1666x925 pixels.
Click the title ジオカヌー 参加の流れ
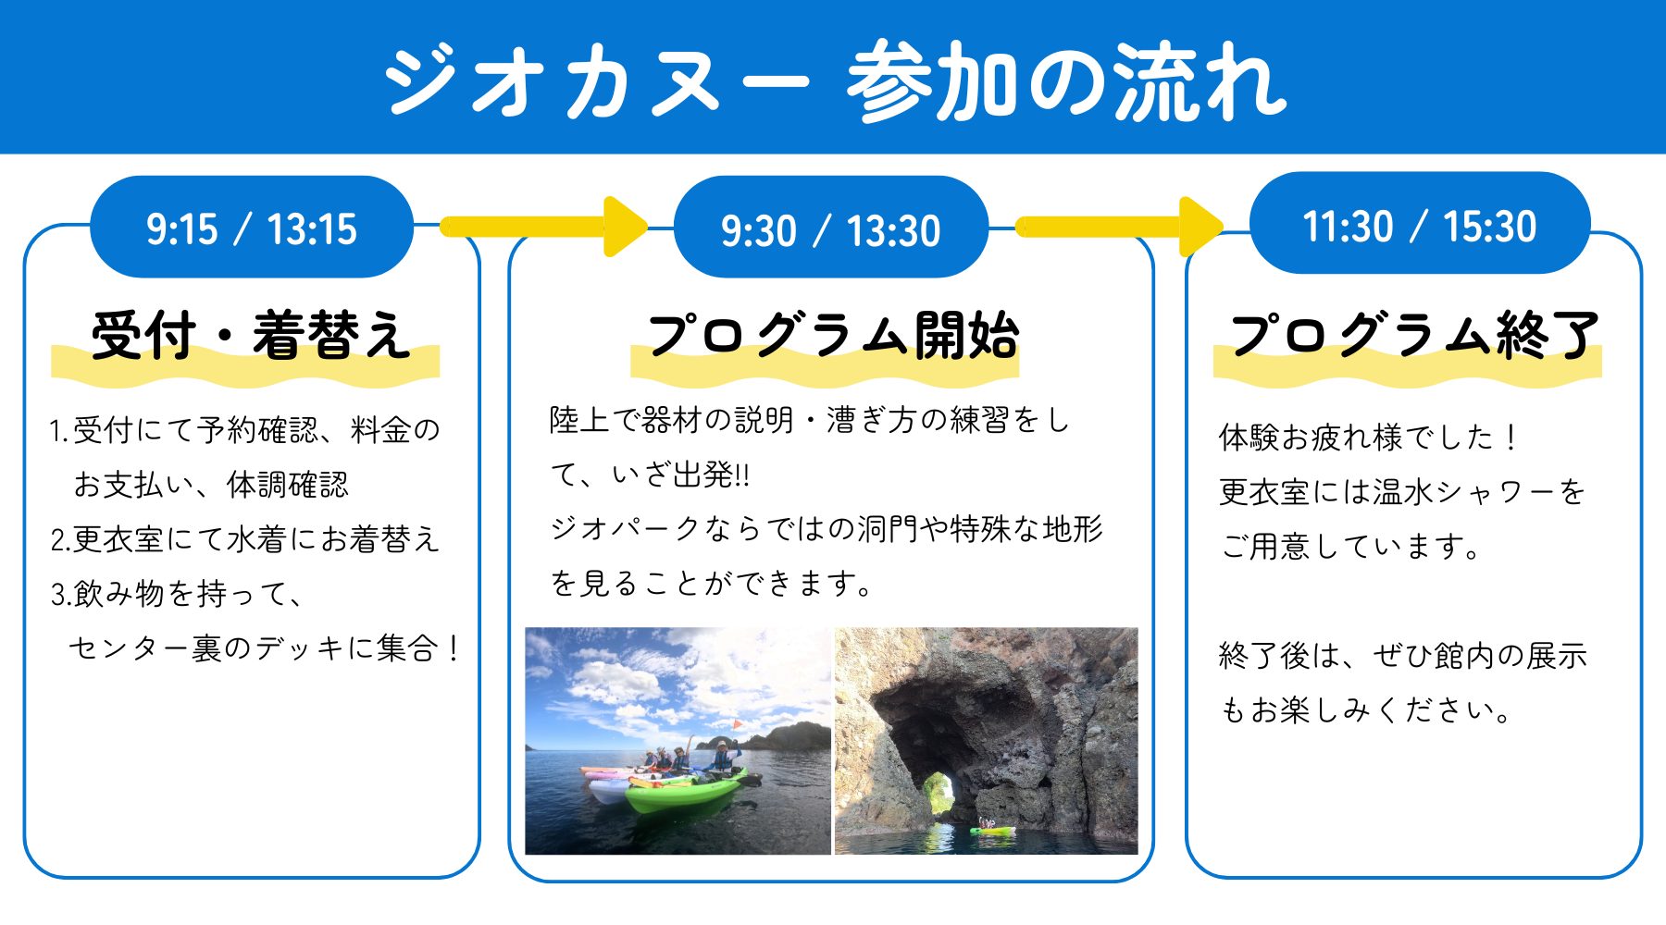click(x=835, y=81)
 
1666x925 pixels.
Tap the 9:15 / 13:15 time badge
click(x=252, y=227)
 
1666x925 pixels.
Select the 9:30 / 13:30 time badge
click(x=831, y=228)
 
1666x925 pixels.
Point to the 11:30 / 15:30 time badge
click(x=1420, y=224)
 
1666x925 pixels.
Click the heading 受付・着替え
click(x=250, y=335)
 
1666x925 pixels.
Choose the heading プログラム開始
click(x=833, y=335)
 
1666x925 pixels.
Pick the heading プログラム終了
click(x=1414, y=335)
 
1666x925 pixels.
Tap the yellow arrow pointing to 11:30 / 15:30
click(x=1120, y=227)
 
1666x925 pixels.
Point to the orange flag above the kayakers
click(x=737, y=725)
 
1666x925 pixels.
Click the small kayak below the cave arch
click(x=992, y=829)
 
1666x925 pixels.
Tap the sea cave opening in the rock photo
click(x=935, y=731)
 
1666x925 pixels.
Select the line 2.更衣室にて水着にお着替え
click(x=244, y=539)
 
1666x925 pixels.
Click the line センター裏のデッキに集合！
click(x=265, y=648)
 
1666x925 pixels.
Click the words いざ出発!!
click(x=680, y=475)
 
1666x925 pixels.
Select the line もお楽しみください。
click(x=1366, y=709)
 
